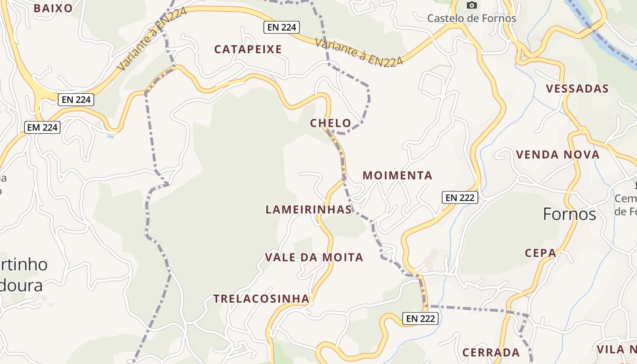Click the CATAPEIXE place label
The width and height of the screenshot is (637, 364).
click(248, 49)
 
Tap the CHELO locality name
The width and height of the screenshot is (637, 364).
click(330, 123)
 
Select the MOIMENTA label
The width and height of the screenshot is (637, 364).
click(397, 175)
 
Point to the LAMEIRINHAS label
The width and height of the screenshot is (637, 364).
click(308, 209)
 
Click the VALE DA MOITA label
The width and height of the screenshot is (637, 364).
click(314, 258)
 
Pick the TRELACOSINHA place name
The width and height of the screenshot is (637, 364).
click(261, 299)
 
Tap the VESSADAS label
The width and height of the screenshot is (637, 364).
click(577, 89)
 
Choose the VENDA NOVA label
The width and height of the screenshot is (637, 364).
click(557, 155)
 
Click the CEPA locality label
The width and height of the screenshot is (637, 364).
click(540, 253)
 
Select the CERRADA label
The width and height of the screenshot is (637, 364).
click(491, 353)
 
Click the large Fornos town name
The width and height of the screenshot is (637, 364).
click(569, 214)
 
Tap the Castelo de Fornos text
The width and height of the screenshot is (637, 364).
click(472, 18)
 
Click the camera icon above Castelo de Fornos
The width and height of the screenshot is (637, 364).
click(472, 5)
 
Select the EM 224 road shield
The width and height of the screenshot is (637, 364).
click(43, 127)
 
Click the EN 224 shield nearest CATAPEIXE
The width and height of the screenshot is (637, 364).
click(282, 27)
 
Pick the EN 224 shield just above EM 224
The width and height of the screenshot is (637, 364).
click(76, 99)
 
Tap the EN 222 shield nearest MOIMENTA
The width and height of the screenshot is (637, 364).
click(460, 197)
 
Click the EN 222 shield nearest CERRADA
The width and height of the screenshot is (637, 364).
click(420, 318)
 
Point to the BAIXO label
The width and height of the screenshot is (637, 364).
click(53, 8)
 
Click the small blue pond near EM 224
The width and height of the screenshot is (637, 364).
click(111, 136)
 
